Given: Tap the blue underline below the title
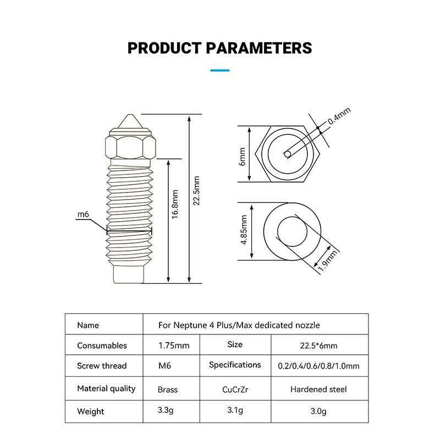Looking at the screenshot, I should pos(220,70).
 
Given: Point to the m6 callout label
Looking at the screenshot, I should pos(82,215).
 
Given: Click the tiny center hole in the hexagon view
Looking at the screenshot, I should pos(287,154).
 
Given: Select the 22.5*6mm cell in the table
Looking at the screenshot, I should pos(319,345).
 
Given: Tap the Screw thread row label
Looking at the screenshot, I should pos(102,366).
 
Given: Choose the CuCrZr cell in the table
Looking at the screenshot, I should pos(235,389).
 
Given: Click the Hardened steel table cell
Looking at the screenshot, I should pos(318,389).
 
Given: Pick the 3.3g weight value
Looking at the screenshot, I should pos(167,411).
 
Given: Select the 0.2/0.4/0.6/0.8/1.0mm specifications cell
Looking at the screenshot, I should pos(319,366).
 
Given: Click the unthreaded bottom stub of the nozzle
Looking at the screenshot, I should pos(129,273).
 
